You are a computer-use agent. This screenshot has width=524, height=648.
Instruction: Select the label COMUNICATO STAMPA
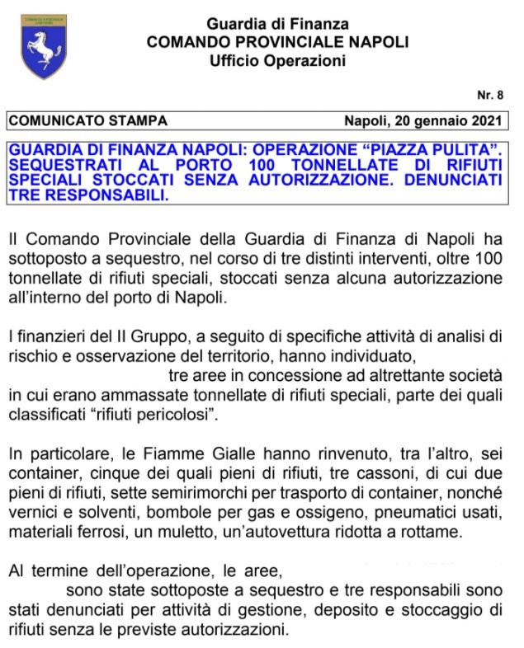point(87,121)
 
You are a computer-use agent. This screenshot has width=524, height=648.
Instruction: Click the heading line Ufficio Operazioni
point(277,60)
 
